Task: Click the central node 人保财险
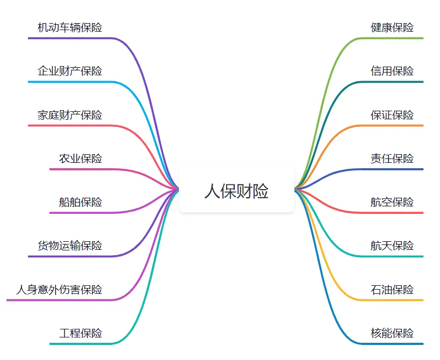tap(236, 191)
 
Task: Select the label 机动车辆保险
tap(70, 27)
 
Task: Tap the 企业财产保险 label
tap(70, 71)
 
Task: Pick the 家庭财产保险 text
tap(70, 115)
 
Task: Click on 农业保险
tap(81, 159)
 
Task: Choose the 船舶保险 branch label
tap(81, 202)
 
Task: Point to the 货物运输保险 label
tap(70, 246)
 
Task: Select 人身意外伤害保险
tap(59, 290)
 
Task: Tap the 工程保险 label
tap(81, 333)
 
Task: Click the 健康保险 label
tap(392, 27)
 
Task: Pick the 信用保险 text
tap(392, 71)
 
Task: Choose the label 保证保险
tap(392, 115)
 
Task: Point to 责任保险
tap(392, 159)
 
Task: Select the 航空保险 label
tap(392, 202)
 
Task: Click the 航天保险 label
tap(392, 246)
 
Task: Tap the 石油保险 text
tap(392, 290)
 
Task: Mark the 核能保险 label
tap(392, 333)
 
